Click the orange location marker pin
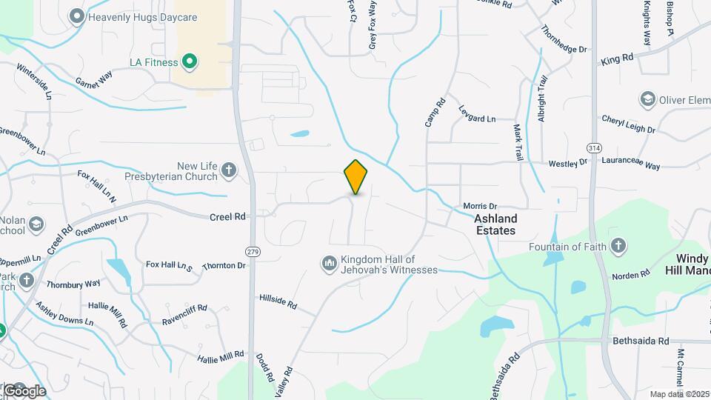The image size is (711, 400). [x=355, y=177]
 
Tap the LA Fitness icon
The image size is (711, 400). [x=190, y=61]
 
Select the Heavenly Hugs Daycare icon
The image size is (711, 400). [x=76, y=16]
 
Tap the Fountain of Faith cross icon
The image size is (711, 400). [x=618, y=247]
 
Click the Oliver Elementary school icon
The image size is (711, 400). [x=647, y=99]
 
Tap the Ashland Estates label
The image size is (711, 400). [x=495, y=224]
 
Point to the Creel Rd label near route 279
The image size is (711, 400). [x=227, y=217]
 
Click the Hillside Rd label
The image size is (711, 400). [x=278, y=301]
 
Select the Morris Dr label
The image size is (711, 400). [x=479, y=206]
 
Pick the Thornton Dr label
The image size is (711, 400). [x=224, y=265]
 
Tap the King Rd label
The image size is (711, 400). [x=617, y=58]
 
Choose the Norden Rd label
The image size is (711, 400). [x=630, y=275]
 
